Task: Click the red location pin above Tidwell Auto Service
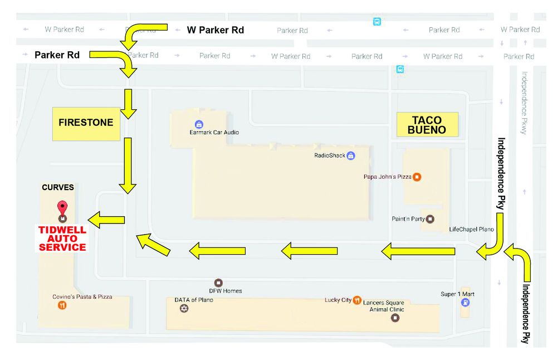click(x=62, y=207)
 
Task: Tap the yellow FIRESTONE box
click(x=86, y=124)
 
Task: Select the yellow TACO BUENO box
click(x=427, y=125)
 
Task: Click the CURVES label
click(x=58, y=187)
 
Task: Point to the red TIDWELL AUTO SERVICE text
click(x=62, y=239)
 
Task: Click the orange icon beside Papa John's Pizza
click(x=417, y=177)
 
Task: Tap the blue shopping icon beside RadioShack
click(x=350, y=155)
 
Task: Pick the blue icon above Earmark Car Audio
click(x=199, y=124)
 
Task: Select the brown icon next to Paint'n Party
click(x=430, y=219)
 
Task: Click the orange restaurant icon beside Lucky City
click(x=357, y=300)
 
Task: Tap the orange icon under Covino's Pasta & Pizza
click(x=62, y=305)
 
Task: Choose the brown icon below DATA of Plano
click(x=184, y=308)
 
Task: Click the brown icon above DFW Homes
click(x=218, y=283)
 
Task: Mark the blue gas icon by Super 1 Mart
click(x=465, y=303)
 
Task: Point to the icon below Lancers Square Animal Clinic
click(x=395, y=318)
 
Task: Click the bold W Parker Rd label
click(x=215, y=30)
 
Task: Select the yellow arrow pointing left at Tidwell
click(x=106, y=220)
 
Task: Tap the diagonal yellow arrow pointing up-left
click(x=153, y=245)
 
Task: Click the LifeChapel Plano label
click(x=471, y=229)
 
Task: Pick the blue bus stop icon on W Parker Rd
click(x=377, y=22)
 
